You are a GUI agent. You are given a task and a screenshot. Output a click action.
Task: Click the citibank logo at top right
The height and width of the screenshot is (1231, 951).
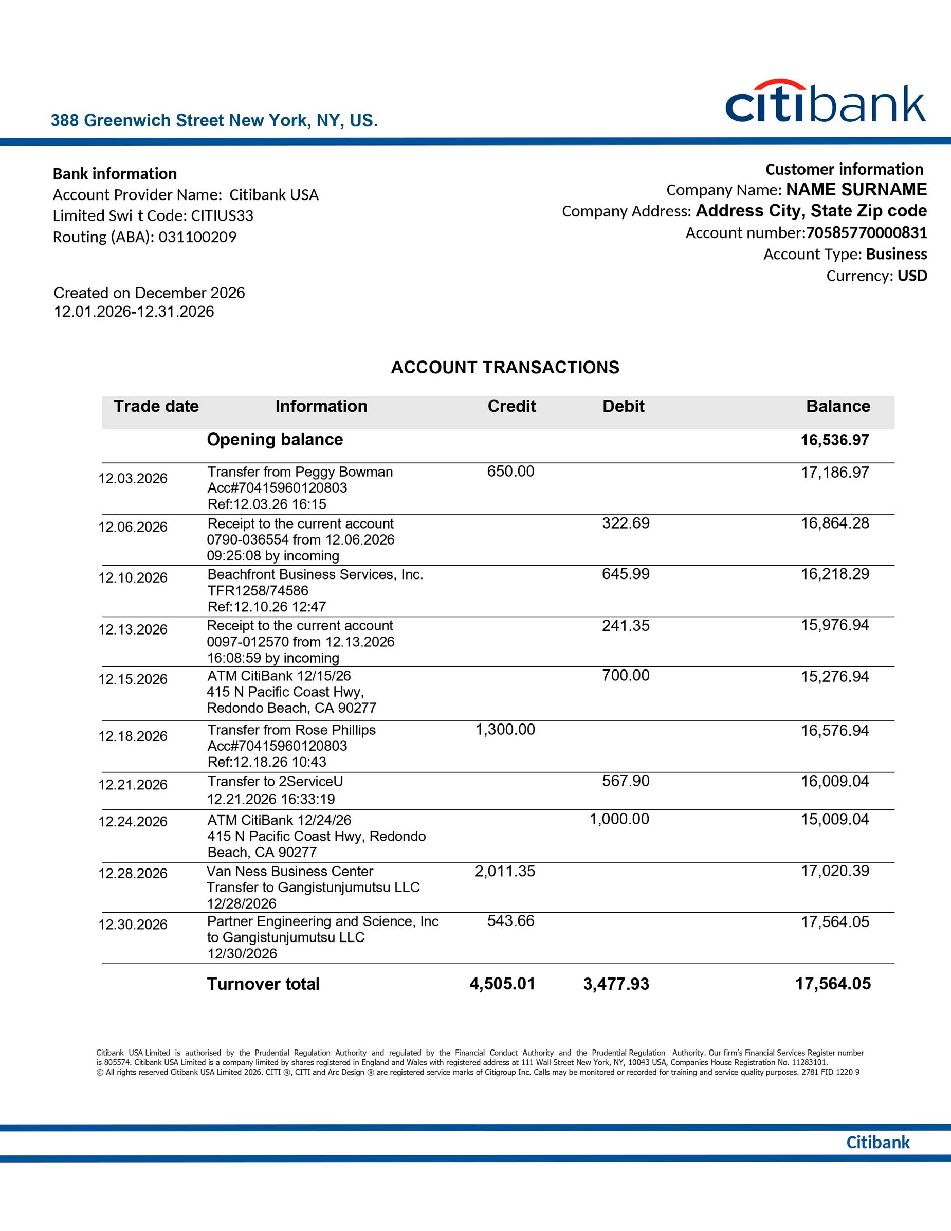[x=825, y=102]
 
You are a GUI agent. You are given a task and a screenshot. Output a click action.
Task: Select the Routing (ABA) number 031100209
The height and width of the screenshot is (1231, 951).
[x=197, y=237]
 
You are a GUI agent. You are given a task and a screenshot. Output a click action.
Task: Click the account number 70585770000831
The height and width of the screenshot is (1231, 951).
[x=866, y=233]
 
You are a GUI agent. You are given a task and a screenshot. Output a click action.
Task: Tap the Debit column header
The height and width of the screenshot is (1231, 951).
[x=623, y=406]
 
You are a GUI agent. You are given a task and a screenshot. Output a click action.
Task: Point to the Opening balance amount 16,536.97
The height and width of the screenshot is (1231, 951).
[x=834, y=440]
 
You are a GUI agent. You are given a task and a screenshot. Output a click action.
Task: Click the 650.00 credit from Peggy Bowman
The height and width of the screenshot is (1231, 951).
[x=510, y=471]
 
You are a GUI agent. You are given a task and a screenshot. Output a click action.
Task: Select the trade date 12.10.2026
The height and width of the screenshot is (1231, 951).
[x=133, y=578]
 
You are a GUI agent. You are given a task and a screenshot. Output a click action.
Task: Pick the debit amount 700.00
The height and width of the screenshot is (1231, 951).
[x=626, y=675]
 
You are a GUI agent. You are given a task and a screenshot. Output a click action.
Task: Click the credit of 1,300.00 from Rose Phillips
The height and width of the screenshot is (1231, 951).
[x=505, y=729]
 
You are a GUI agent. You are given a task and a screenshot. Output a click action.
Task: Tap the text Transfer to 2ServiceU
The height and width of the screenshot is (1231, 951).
[x=275, y=781]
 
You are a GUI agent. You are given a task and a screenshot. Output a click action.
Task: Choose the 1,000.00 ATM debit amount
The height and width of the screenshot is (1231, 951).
[x=619, y=819]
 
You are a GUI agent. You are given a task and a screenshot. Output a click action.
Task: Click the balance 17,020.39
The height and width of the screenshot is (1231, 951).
[x=835, y=871]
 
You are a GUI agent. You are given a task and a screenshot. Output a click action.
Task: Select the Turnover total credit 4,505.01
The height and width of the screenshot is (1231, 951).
[x=502, y=984]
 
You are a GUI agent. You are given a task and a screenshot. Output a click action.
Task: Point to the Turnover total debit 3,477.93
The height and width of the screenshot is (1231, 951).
[x=616, y=984]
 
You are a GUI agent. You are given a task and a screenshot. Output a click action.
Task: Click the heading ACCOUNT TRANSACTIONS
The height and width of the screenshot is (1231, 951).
[x=505, y=368]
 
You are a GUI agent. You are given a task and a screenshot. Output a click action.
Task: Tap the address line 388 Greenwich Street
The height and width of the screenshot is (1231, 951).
[x=214, y=121]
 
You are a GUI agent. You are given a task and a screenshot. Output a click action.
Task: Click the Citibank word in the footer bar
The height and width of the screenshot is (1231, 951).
[x=877, y=1142]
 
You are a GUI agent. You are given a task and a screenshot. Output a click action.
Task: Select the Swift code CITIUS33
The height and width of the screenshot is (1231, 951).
[x=222, y=216]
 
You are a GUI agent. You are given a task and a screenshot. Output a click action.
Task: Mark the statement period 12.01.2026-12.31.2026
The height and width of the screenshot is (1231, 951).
[x=134, y=312]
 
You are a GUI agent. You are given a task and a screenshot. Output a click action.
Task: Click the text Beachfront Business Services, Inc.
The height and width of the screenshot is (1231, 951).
[x=315, y=574]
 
